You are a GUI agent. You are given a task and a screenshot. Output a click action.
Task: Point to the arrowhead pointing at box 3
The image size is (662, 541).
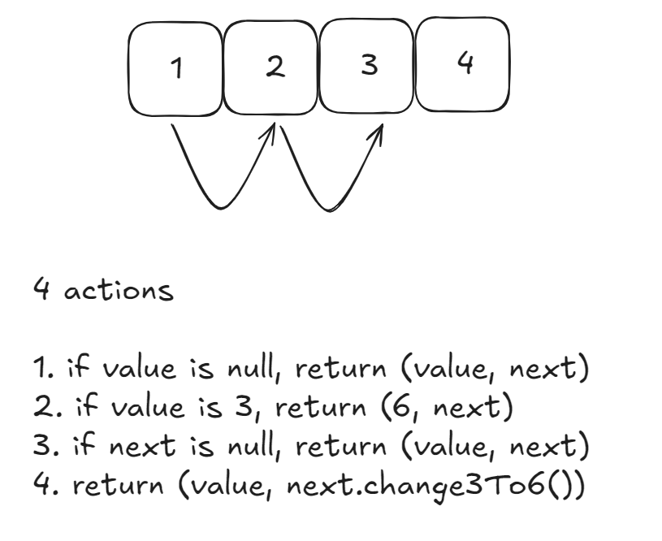(x=378, y=132)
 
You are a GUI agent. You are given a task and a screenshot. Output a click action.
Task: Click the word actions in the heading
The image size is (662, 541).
(x=119, y=290)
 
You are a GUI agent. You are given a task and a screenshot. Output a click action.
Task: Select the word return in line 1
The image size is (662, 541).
(x=341, y=370)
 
